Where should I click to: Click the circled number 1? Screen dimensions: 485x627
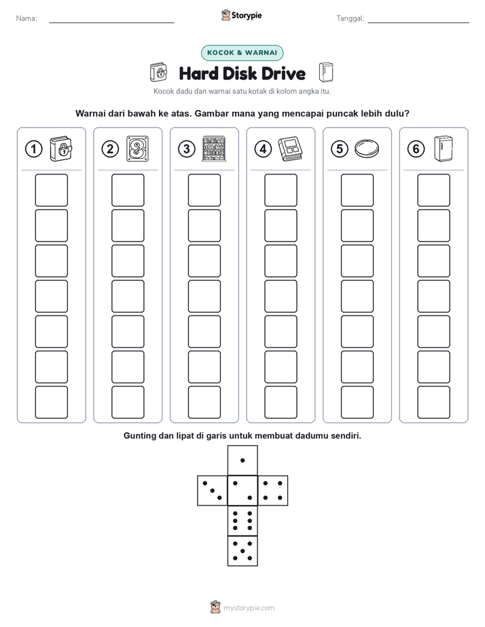pyautogui.click(x=33, y=149)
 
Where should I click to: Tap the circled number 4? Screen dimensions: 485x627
pyautogui.click(x=263, y=149)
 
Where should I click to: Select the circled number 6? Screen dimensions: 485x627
pyautogui.click(x=416, y=149)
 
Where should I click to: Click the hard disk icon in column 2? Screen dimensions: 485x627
pyautogui.click(x=137, y=149)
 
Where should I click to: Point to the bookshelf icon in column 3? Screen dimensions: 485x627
pyautogui.click(x=214, y=149)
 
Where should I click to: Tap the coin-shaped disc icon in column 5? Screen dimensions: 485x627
pyautogui.click(x=367, y=148)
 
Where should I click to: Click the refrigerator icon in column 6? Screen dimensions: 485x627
pyautogui.click(x=444, y=149)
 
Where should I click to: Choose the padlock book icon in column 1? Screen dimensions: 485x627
pyautogui.click(x=61, y=149)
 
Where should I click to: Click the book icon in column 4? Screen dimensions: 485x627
pyautogui.click(x=290, y=149)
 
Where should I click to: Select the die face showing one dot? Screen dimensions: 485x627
pyautogui.click(x=242, y=460)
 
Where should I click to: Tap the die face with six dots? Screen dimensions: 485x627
pyautogui.click(x=242, y=520)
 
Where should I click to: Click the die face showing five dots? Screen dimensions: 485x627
pyautogui.click(x=242, y=551)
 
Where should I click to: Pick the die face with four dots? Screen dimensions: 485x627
pyautogui.click(x=273, y=491)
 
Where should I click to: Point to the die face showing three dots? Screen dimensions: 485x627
pyautogui.click(x=213, y=491)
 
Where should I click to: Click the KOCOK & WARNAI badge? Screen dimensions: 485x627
pyautogui.click(x=242, y=53)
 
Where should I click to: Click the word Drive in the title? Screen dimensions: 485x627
pyautogui.click(x=284, y=73)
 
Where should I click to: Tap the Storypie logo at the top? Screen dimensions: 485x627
pyautogui.click(x=242, y=15)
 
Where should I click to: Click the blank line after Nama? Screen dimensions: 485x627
pyautogui.click(x=111, y=22)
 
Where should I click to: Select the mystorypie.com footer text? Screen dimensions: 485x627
pyautogui.click(x=249, y=608)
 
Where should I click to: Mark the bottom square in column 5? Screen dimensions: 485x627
pyautogui.click(x=357, y=402)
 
